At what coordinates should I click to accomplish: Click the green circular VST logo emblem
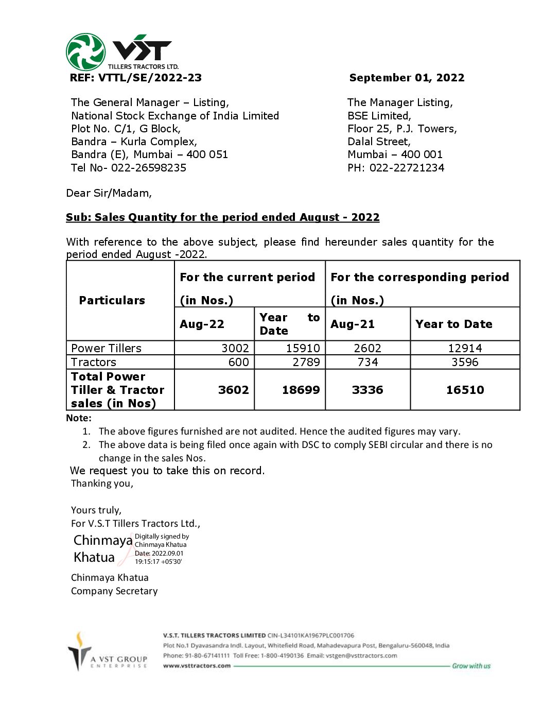click(86, 52)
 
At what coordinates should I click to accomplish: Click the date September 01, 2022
click(407, 78)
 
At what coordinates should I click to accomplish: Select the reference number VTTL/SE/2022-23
click(150, 78)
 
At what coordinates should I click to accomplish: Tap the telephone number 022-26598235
click(149, 168)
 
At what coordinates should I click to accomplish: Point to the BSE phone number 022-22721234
click(407, 168)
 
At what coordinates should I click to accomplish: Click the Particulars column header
click(112, 301)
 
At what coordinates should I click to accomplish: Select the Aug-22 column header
click(202, 324)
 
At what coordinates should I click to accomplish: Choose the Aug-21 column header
click(353, 324)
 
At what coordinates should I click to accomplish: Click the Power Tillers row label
click(106, 349)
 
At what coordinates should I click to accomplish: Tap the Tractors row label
click(94, 362)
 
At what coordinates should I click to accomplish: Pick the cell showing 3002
click(235, 349)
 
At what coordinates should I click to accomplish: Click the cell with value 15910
click(303, 349)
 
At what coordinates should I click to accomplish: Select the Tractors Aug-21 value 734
click(367, 362)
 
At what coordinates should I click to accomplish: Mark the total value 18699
click(301, 390)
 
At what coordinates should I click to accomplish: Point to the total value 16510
click(465, 390)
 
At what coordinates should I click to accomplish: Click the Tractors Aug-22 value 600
click(239, 362)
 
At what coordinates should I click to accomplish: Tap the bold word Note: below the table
click(79, 418)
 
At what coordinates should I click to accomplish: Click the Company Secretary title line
click(114, 591)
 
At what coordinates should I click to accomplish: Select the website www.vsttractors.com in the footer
click(197, 666)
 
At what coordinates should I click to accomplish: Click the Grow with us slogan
click(471, 666)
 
